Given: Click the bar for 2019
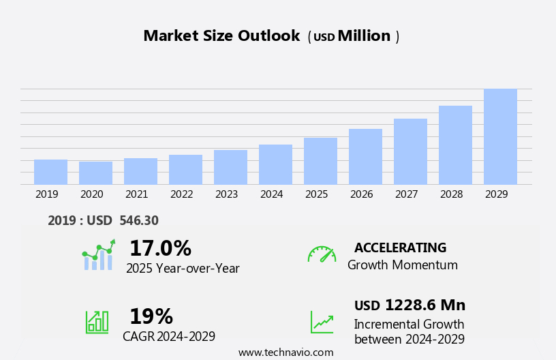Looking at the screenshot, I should coord(50,172).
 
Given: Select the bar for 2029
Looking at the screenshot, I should coord(500,136).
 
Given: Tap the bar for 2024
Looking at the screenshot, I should coord(275,164).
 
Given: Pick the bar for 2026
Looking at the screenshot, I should coord(365,157).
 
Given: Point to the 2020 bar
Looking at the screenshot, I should coord(95,173).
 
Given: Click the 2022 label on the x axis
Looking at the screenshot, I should coord(181,194).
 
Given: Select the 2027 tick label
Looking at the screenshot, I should coord(406,194).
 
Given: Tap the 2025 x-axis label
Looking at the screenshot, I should coord(316,194).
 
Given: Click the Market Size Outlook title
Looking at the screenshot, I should coord(221,36).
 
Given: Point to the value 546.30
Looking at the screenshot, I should coord(139,220).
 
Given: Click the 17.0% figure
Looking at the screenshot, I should coord(160,248).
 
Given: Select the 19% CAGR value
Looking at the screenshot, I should coord(151,316).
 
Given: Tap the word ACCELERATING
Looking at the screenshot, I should coord(400,247).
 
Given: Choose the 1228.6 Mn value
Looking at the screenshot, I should coord(425,305).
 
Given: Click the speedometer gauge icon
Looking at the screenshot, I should coord(322,255).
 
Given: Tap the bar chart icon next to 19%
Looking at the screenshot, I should coord(97,321).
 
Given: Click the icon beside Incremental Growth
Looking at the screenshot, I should coord(322,322).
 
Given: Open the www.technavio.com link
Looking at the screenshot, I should coord(285,352).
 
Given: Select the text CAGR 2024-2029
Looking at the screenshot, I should coord(169,336).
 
